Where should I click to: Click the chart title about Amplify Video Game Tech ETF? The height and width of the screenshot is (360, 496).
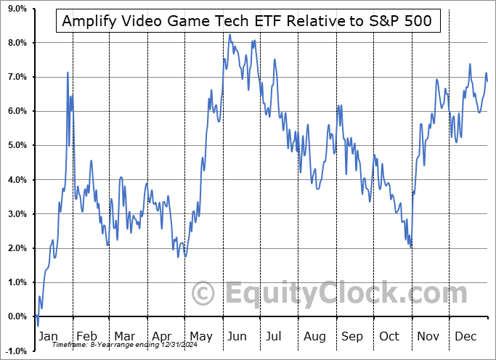(247, 21)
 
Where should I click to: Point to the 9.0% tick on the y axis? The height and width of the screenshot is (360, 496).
(17, 9)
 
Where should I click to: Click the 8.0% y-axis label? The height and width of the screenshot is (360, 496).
(17, 43)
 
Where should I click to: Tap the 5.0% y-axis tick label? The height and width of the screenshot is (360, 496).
(17, 145)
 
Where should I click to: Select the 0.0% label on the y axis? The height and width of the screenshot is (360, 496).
(17, 316)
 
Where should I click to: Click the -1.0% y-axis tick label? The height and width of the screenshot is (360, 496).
(15, 351)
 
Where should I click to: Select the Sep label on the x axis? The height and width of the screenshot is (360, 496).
(354, 337)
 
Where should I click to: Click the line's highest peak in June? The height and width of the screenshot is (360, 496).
(229, 35)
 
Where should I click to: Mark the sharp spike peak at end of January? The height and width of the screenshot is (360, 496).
(68, 73)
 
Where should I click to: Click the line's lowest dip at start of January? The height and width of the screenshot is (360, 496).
(38, 325)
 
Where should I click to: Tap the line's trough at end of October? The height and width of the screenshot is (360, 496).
(411, 247)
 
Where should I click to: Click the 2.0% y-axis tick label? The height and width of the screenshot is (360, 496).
(17, 248)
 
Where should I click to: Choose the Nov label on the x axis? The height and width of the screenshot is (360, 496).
(429, 337)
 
